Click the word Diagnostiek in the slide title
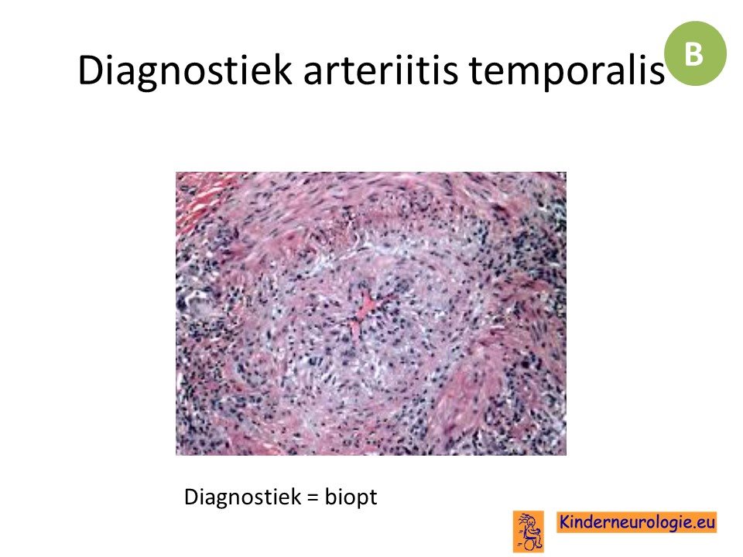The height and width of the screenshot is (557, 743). coord(185,71)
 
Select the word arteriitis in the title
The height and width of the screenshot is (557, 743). coord(381,70)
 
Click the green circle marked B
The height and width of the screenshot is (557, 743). coord(695,53)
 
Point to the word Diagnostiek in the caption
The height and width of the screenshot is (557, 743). coord(242,497)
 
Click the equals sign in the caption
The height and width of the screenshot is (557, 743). coord(313,497)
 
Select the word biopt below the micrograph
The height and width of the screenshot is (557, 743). coord(351,497)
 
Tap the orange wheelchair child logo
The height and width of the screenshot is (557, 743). coord(529,531)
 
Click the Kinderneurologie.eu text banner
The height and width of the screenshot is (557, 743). coord(637,522)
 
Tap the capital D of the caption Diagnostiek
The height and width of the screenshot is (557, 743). coord(190,497)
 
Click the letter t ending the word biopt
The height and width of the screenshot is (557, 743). coord(373,497)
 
